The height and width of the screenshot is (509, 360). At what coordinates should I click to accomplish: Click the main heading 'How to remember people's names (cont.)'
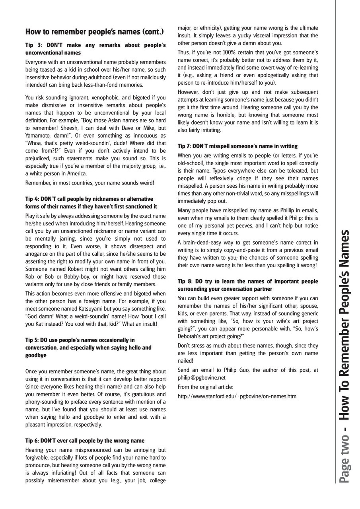click(x=94, y=31)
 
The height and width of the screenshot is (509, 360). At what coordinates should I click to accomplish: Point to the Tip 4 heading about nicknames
click(x=91, y=203)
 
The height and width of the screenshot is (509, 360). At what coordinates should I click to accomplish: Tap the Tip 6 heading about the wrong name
click(x=85, y=441)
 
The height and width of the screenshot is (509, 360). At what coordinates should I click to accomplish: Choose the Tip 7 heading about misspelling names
click(x=237, y=146)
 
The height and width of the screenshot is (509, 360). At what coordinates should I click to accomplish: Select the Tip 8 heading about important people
click(x=248, y=285)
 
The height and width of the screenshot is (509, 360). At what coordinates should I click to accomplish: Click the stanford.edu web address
click(x=237, y=396)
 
